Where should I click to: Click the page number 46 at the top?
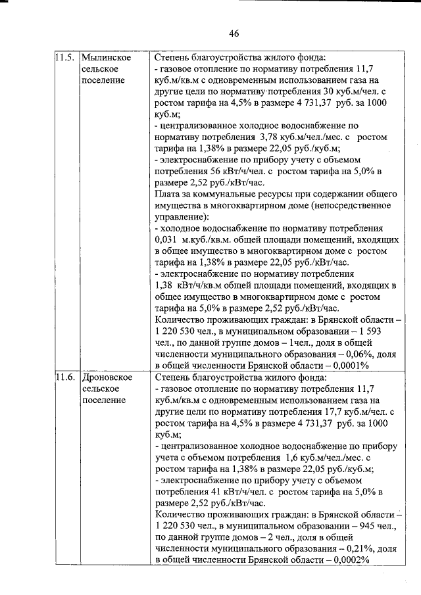pos(234,34)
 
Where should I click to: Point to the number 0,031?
pos(167,241)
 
